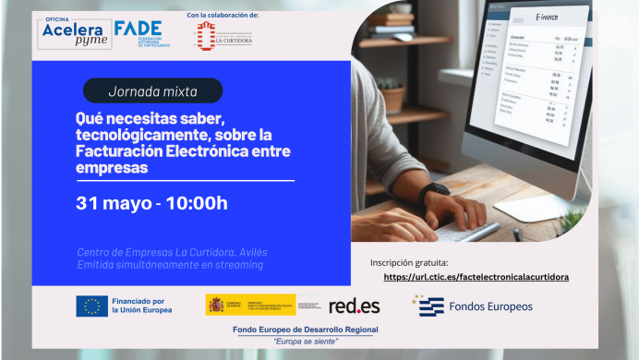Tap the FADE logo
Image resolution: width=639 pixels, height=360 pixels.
click(x=138, y=33)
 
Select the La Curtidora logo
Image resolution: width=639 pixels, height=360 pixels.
click(x=223, y=37)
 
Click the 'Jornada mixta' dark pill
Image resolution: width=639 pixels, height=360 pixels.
click(x=152, y=90)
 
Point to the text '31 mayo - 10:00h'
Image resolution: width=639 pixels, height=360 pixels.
click(x=151, y=203)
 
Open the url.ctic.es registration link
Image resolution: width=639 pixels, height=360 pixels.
click(x=476, y=276)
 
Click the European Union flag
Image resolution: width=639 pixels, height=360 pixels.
click(x=91, y=306)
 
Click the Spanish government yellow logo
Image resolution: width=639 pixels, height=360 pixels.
click(x=250, y=305)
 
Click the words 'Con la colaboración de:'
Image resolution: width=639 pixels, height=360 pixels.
click(x=222, y=16)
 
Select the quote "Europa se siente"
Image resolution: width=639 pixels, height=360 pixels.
click(x=306, y=341)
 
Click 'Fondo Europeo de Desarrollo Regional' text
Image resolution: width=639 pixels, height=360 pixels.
click(x=306, y=330)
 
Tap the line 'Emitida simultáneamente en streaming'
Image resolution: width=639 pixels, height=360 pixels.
click(x=170, y=265)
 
